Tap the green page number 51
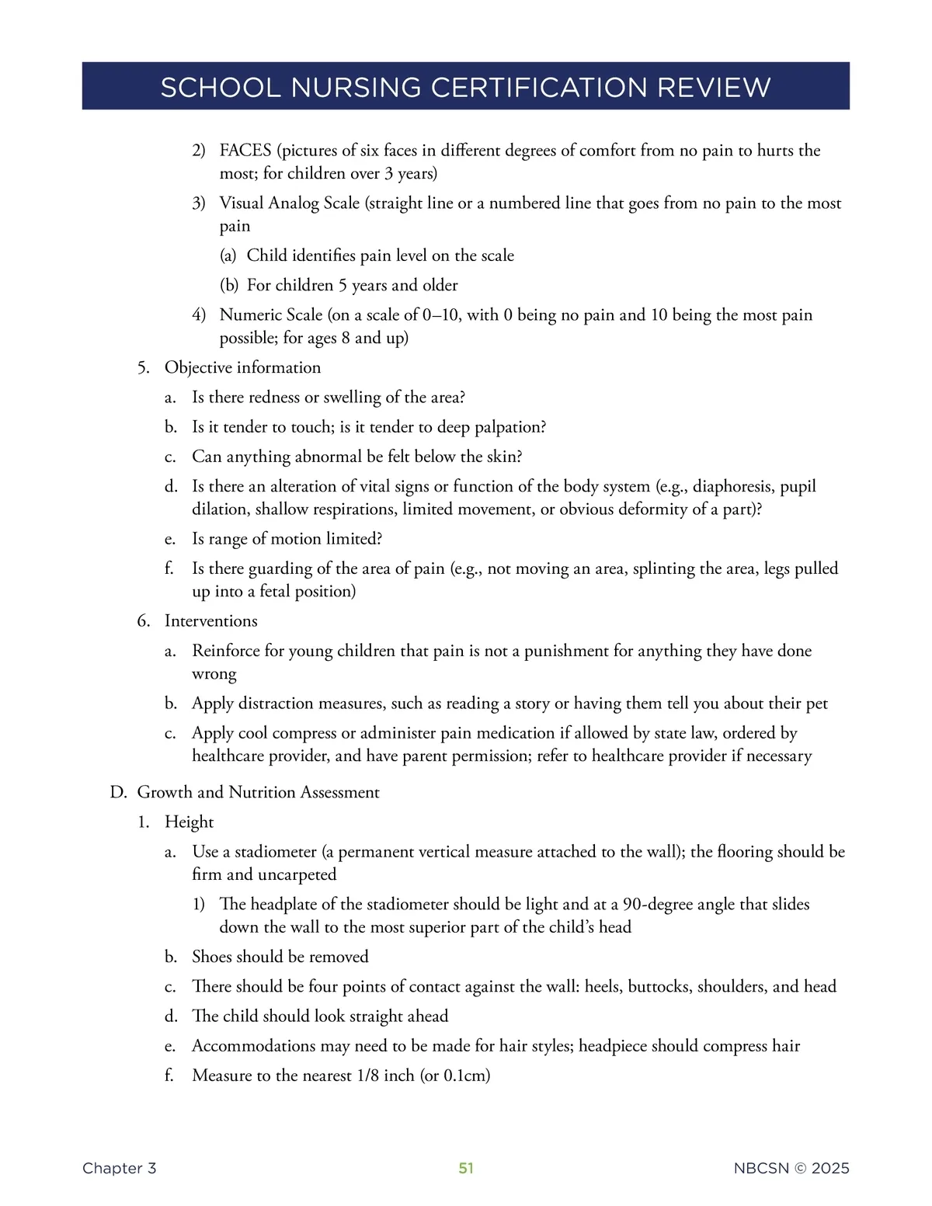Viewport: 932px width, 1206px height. (466, 1168)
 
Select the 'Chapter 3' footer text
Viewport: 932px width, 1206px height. (119, 1168)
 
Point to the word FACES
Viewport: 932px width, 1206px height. (245, 150)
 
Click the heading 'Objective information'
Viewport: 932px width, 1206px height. (242, 367)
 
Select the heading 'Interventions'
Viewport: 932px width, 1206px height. (210, 620)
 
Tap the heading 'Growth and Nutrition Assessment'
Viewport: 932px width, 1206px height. (258, 792)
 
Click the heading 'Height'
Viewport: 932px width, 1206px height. (189, 822)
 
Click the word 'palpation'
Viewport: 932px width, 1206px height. (504, 427)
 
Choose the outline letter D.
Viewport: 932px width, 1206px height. (117, 792)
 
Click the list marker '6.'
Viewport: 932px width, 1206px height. (143, 620)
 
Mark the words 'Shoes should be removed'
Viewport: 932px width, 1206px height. (280, 957)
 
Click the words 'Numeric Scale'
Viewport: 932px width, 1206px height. (270, 315)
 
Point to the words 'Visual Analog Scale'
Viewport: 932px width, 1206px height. (289, 203)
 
